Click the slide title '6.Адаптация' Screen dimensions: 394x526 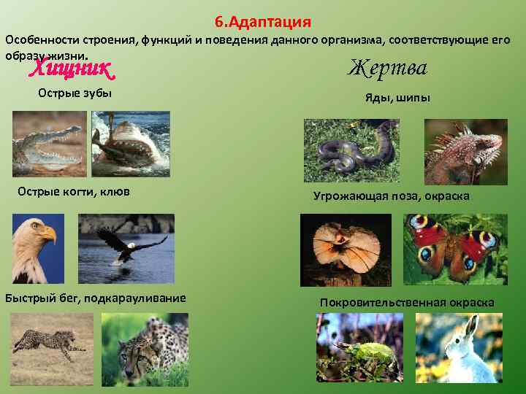pos(263,21)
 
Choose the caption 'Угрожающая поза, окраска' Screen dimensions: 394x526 pos(392,196)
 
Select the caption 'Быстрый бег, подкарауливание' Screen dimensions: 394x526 pos(95,298)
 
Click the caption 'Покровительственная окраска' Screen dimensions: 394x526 pos(407,302)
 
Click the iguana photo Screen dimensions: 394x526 pos(465,151)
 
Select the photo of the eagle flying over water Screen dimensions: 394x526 pos(126,249)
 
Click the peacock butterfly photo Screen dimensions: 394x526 pos(455,249)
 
